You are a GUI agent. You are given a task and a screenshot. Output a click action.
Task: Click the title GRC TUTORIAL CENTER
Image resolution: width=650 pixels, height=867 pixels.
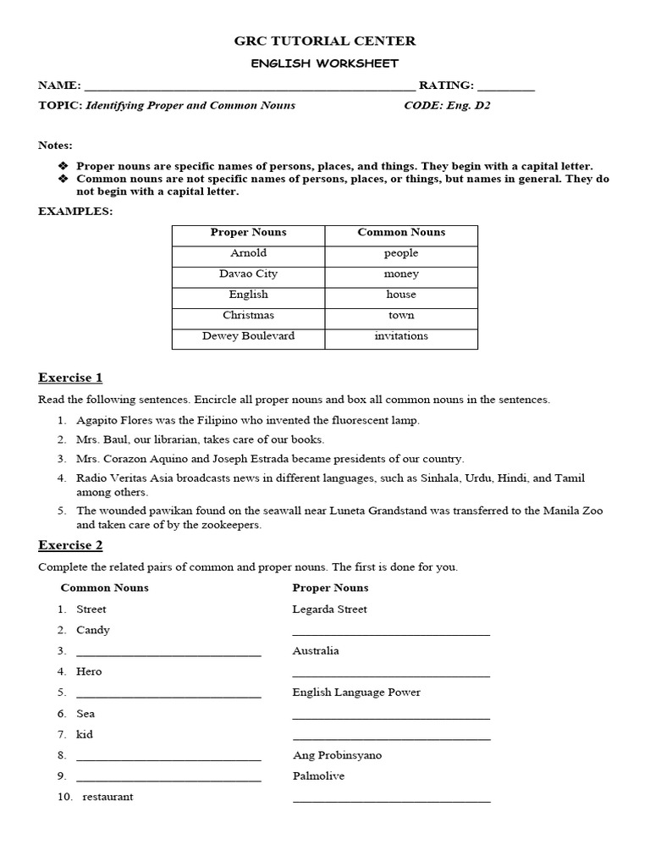point(325,41)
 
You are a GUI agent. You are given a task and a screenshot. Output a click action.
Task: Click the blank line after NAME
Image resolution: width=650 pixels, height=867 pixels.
point(250,87)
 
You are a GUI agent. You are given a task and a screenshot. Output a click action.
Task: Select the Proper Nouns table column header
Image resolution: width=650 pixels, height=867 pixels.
point(248,232)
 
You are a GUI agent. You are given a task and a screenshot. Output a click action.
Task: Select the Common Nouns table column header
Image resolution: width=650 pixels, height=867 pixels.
point(401,232)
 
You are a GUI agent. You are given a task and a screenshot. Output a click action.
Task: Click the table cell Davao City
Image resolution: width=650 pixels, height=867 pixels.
point(248,273)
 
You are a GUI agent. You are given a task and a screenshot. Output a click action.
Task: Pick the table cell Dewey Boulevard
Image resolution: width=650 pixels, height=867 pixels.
point(248,336)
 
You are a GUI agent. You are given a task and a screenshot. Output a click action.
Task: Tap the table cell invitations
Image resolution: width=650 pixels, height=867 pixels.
point(401,336)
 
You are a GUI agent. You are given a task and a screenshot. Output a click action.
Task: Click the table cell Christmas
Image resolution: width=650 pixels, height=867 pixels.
point(248,315)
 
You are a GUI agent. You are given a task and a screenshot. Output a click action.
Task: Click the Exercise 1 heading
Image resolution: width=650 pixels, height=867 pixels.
point(70,378)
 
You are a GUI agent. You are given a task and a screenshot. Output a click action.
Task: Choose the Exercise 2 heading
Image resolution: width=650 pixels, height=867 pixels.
point(70,545)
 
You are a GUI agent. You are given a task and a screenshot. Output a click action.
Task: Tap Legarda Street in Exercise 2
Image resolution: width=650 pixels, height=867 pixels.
point(329,610)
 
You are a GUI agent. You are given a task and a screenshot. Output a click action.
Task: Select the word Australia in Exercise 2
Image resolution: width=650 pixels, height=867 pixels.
point(316,651)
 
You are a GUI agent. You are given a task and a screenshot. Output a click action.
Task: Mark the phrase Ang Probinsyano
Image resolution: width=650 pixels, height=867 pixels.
point(337,755)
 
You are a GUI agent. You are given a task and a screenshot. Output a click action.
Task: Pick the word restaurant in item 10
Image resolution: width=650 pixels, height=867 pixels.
point(107,797)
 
